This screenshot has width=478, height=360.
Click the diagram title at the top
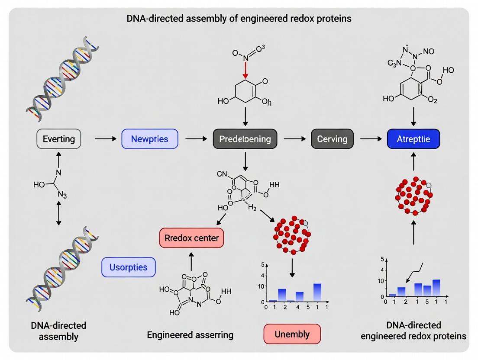click(239, 19)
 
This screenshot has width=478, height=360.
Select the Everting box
click(59, 139)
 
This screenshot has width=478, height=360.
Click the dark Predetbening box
click(245, 139)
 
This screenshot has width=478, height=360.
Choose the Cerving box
click(332, 139)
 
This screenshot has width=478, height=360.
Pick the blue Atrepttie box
click(413, 139)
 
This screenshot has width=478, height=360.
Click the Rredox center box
click(192, 238)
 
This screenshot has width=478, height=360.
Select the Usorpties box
click(128, 267)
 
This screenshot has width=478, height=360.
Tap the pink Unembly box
click(292, 334)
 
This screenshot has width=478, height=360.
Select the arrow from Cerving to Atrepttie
click(370, 139)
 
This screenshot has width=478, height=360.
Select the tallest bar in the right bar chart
click(436, 288)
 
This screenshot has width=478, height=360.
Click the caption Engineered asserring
click(190, 334)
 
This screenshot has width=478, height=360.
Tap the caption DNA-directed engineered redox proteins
click(413, 331)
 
